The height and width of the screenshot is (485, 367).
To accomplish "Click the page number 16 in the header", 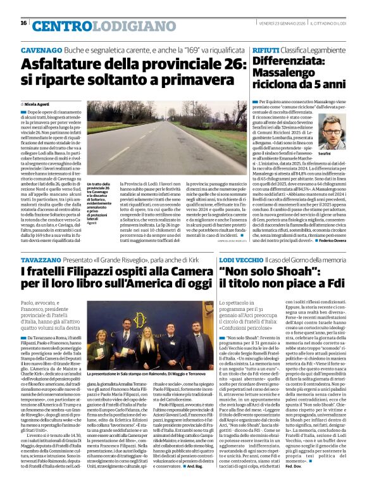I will (x=23, y=23).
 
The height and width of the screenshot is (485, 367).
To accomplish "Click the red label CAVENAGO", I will (x=42, y=49).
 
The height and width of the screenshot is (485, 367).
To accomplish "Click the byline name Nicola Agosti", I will (x=40, y=103).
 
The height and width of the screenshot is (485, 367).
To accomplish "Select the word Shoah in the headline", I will (x=318, y=272).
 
